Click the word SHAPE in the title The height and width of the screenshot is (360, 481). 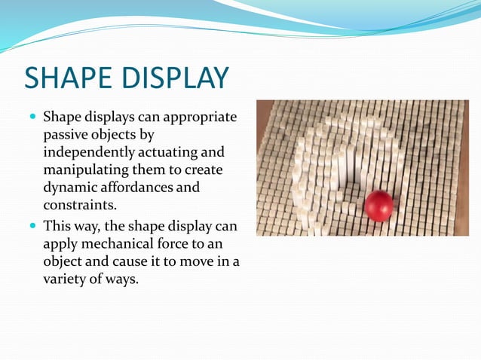tap(69, 79)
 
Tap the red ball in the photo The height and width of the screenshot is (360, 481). tap(378, 206)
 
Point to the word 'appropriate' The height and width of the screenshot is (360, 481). tap(199, 118)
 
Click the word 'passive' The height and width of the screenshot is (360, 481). tap(66, 136)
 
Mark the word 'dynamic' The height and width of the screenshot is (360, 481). tap(69, 188)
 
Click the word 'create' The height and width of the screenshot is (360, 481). tap(204, 170)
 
